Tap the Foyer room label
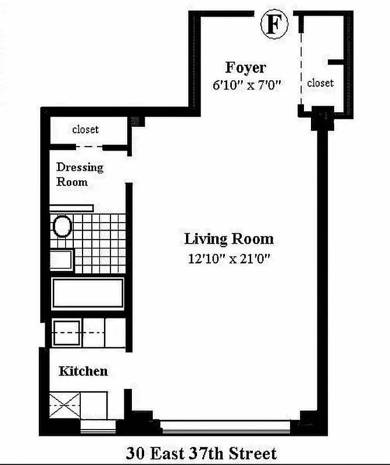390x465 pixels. click(x=245, y=67)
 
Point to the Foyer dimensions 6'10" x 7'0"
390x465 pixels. click(x=246, y=85)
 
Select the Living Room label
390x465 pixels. click(x=228, y=239)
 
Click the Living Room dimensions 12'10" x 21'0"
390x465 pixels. click(x=228, y=259)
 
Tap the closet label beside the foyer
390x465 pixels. click(x=320, y=83)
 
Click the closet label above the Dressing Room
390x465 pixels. click(x=85, y=129)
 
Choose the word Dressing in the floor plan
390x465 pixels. click(x=80, y=167)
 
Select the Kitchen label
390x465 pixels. click(x=83, y=371)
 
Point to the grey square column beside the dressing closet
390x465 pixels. click(x=137, y=121)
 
